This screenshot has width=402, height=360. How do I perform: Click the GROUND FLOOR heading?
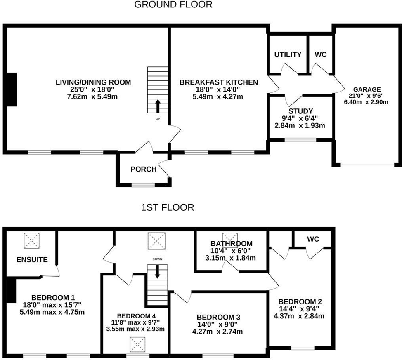click(x=173, y=5)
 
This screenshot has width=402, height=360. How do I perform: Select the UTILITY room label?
click(x=288, y=55)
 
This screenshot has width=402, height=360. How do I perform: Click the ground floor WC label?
click(x=321, y=55)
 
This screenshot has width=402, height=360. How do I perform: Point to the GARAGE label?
click(x=367, y=89)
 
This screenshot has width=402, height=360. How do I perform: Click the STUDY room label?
click(x=300, y=111)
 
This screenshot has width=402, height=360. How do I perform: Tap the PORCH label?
click(x=143, y=169)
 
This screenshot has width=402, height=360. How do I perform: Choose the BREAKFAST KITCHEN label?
click(x=218, y=82)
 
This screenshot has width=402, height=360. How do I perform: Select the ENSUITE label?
click(x=32, y=260)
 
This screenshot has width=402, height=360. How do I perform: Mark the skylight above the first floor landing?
click(x=156, y=240)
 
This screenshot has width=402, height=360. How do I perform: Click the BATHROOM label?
click(x=231, y=244)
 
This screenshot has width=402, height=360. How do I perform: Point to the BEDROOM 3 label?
click(x=218, y=317)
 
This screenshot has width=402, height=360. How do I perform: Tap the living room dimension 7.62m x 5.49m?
click(x=93, y=97)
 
